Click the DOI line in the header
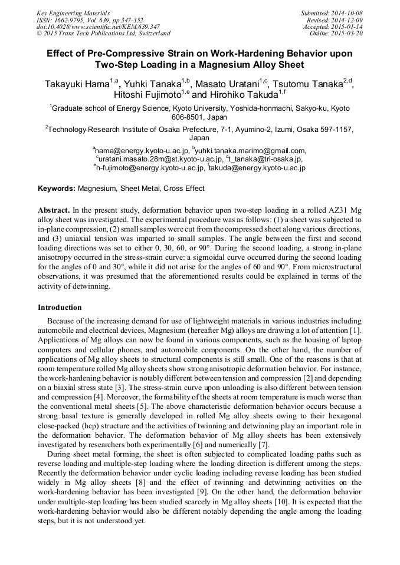click(97, 27)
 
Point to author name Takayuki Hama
click(75, 84)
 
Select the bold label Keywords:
click(57, 189)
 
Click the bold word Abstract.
click(54, 210)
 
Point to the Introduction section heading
click(60, 308)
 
